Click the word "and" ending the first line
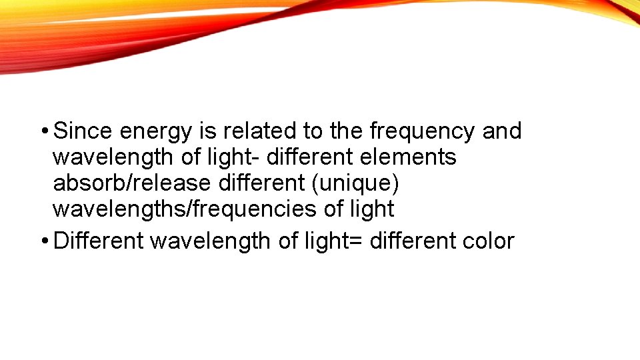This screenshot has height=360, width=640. coord(501,131)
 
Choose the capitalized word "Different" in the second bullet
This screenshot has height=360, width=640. coord(98,241)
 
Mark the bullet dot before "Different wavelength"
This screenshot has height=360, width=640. coord(43,241)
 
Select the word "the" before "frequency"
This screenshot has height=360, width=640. coord(347,131)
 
